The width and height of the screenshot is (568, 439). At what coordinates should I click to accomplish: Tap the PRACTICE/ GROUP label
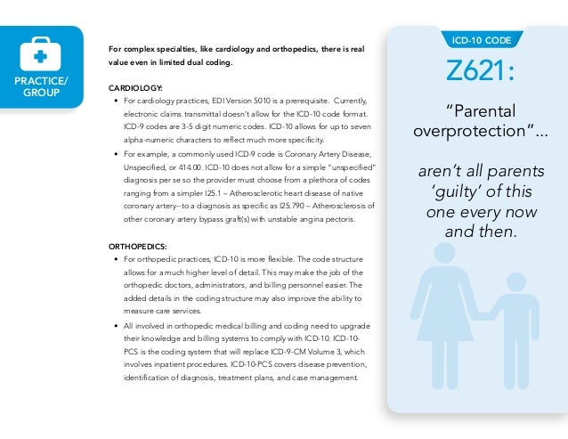(x=39, y=87)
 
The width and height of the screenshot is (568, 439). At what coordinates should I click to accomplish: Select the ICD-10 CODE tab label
(x=481, y=40)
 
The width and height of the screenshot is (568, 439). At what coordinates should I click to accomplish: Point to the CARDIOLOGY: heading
(x=134, y=89)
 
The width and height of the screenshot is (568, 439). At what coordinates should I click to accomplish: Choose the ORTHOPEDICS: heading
(x=137, y=246)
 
